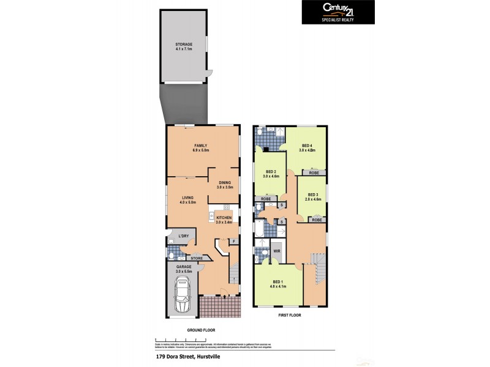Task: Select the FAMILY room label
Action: pyautogui.click(x=202, y=147)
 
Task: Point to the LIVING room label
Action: pyautogui.click(x=188, y=199)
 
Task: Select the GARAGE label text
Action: pyautogui.click(x=184, y=268)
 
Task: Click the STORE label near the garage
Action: pyautogui.click(x=196, y=258)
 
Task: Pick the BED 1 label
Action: pyautogui.click(x=279, y=283)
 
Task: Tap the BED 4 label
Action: pyautogui.click(x=311, y=147)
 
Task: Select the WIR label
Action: pyautogui.click(x=276, y=251)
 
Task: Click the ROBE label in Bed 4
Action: pyautogui.click(x=314, y=173)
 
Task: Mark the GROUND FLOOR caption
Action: pyautogui.click(x=201, y=330)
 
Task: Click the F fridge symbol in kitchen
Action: pyautogui.click(x=233, y=241)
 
